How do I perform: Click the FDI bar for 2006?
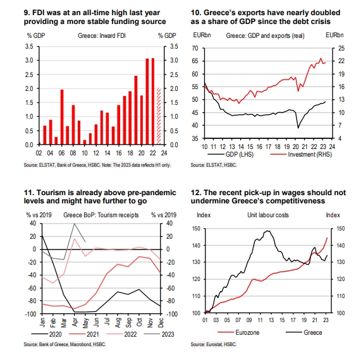point(62,117)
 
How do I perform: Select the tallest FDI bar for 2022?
point(153,102)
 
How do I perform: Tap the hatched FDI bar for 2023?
point(159,116)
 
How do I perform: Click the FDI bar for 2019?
point(136,110)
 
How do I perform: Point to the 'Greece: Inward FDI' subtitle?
point(102,35)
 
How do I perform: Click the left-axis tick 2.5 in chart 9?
point(29,75)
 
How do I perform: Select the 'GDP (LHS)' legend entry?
point(231,154)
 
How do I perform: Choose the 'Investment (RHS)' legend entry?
point(301,154)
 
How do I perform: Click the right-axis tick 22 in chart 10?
point(341,61)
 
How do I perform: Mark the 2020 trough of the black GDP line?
point(298,128)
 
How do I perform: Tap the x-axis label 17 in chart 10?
point(268,147)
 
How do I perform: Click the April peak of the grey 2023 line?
point(75,224)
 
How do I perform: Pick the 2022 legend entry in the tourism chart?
point(121,334)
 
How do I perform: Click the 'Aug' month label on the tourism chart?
point(118,323)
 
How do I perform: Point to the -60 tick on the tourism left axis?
point(32,288)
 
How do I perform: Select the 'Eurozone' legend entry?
point(238,332)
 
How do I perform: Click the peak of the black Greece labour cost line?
point(267,231)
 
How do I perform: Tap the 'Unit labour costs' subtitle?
point(268,215)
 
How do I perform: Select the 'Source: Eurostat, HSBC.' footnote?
point(214,344)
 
